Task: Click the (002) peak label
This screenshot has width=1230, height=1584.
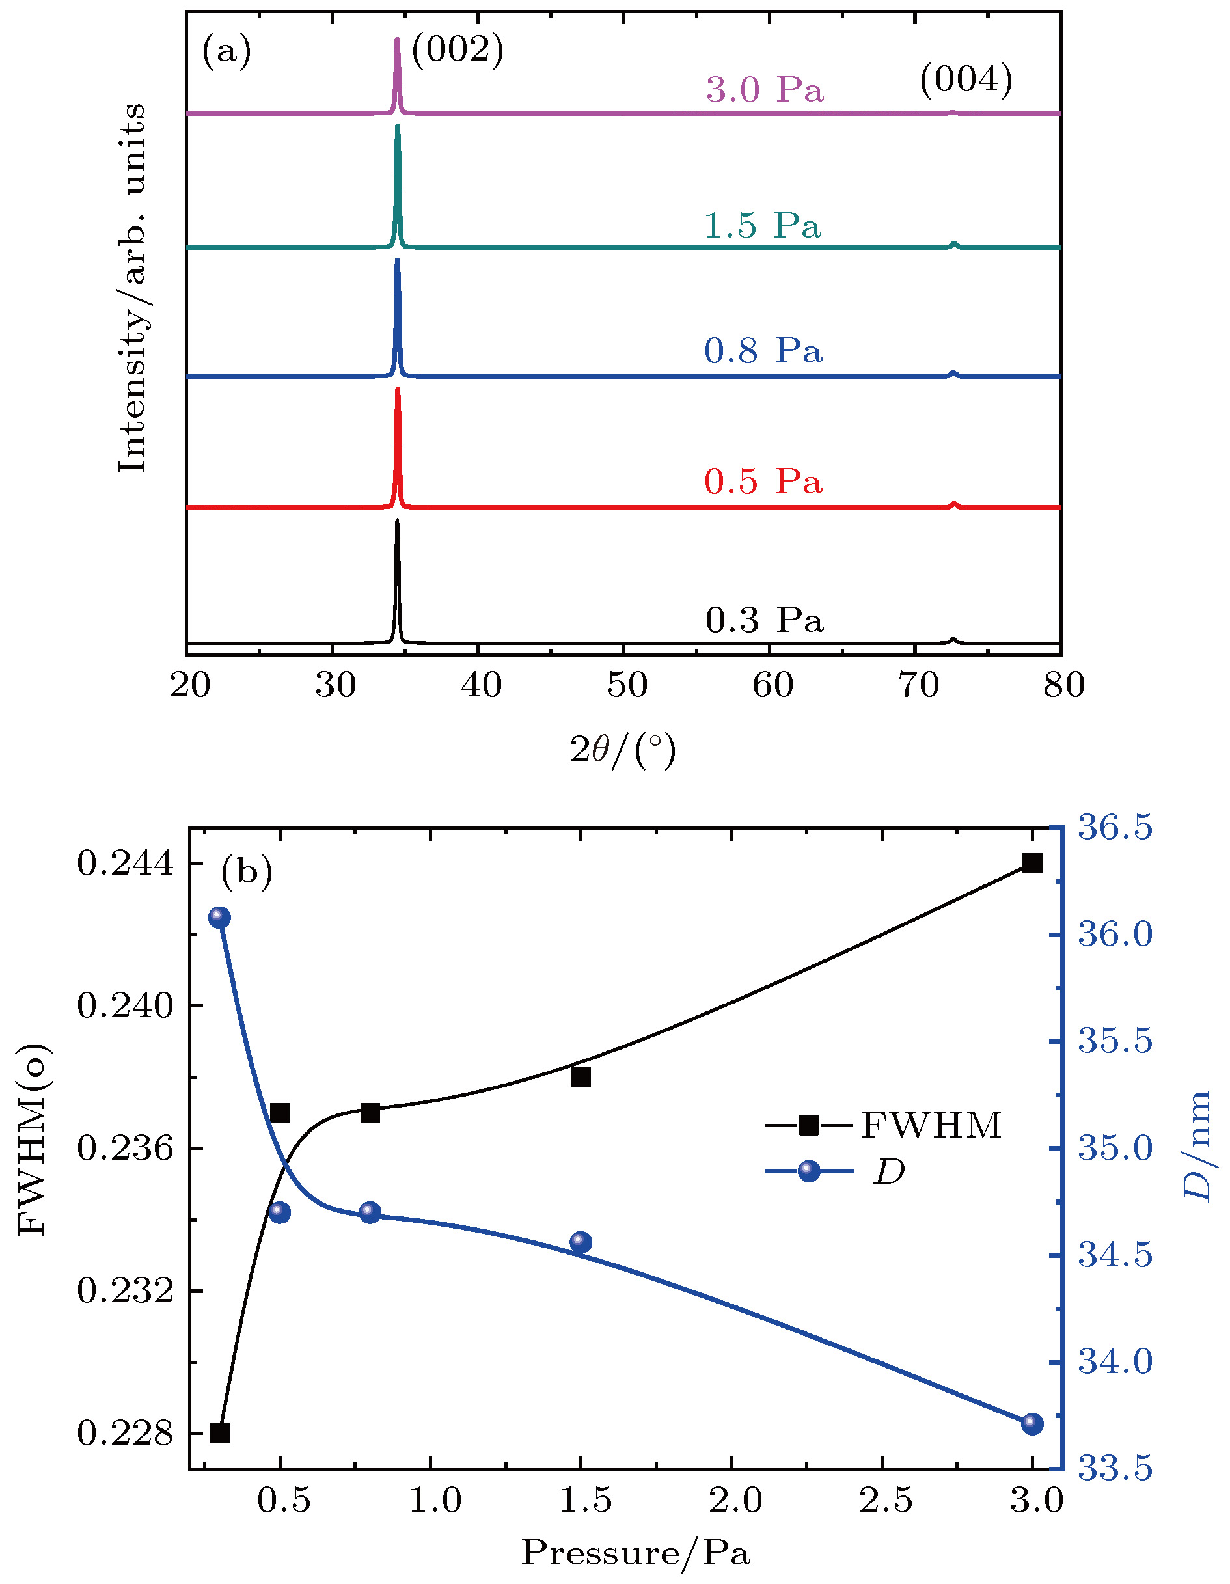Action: click(x=457, y=51)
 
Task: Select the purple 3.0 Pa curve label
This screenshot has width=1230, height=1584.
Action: click(x=765, y=90)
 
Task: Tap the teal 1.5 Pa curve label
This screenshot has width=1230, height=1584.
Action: click(x=762, y=226)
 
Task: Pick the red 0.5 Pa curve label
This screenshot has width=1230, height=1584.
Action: click(x=763, y=482)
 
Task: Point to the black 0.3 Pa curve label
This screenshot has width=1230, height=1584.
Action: click(x=765, y=620)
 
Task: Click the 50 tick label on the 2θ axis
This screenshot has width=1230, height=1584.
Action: click(x=626, y=685)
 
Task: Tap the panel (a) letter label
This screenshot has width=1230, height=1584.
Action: click(x=226, y=52)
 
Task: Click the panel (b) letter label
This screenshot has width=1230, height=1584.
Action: click(x=247, y=871)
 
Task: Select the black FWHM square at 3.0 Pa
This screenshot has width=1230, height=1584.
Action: click(x=1032, y=863)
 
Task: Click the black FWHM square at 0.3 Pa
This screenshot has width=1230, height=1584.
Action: click(x=220, y=1433)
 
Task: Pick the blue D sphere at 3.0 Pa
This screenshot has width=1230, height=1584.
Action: click(x=1032, y=1424)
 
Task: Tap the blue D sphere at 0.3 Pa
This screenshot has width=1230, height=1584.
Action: click(x=220, y=918)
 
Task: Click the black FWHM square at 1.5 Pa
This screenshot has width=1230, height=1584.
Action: click(x=581, y=1077)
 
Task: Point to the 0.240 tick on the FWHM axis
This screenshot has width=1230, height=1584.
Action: click(x=126, y=1006)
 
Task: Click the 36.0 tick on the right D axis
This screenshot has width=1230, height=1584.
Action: click(x=1115, y=934)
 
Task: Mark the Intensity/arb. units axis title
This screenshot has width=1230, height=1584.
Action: click(x=132, y=288)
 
